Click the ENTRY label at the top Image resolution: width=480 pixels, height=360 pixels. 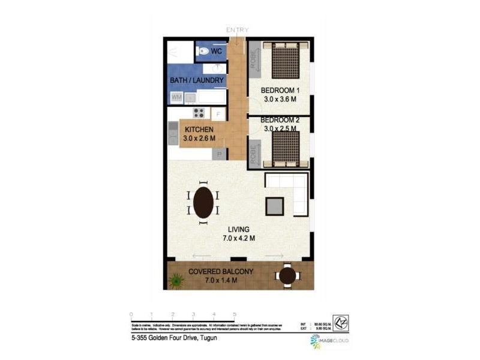tap(237, 30)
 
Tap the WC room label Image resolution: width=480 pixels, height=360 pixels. tap(216, 52)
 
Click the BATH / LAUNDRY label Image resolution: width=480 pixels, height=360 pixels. tap(197, 80)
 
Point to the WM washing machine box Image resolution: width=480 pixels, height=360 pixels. tap(177, 97)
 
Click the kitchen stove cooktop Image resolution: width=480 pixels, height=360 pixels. tap(199, 113)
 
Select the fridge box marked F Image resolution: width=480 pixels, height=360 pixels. tap(218, 113)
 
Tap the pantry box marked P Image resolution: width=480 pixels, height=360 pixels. tap(219, 154)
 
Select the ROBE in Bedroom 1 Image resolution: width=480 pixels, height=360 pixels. tap(254, 64)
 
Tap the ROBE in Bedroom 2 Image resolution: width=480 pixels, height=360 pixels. tap(254, 152)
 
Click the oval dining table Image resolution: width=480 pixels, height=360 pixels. tap(203, 202)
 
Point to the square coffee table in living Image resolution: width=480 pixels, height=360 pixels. tap(275, 206)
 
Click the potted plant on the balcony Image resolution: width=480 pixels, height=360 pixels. tap(176, 280)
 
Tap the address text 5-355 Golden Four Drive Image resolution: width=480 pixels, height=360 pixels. tap(174, 338)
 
